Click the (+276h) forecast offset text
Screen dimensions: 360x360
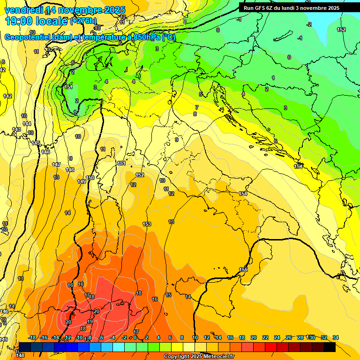tap(83, 21)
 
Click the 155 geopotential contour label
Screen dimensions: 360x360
tap(243, 270)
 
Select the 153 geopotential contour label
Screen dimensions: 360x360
tap(147, 225)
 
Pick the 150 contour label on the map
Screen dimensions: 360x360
tap(90, 178)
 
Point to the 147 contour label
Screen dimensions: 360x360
tap(56, 165)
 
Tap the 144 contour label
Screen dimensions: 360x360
tap(27, 124)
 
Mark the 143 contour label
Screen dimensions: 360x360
tap(16, 129)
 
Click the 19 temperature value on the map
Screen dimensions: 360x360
tap(90, 322)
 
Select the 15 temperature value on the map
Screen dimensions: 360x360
tap(168, 295)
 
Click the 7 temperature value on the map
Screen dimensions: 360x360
tap(197, 107)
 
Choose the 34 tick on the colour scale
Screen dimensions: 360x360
tap(336, 337)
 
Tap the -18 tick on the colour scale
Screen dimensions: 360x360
tap(32, 337)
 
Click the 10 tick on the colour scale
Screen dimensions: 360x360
tap(195, 337)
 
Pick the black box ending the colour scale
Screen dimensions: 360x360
tap(330, 347)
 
